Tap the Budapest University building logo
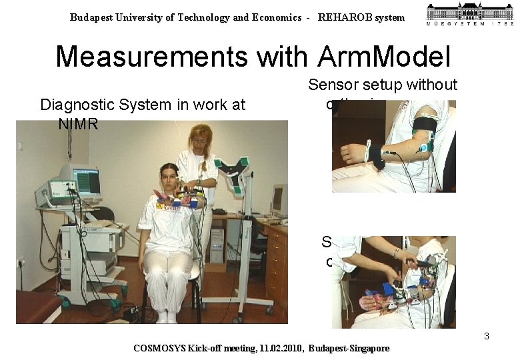click(470, 14)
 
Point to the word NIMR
click(78, 123)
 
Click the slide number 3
click(487, 336)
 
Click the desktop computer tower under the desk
click(217, 245)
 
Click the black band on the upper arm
click(425, 126)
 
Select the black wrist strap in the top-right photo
click(377, 156)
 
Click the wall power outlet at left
click(21, 263)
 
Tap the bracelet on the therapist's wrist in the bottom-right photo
click(397, 253)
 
